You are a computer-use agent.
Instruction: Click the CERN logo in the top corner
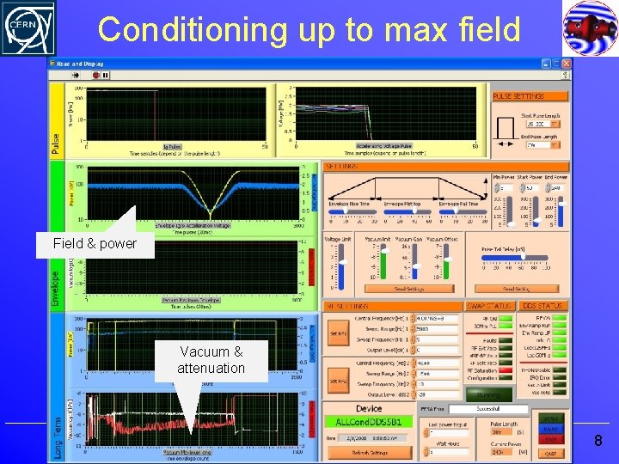[28, 28]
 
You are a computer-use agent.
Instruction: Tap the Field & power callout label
[95, 244]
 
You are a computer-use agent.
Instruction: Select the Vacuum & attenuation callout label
[211, 360]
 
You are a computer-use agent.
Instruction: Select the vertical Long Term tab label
[57, 426]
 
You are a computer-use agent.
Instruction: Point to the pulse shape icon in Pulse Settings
[508, 130]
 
